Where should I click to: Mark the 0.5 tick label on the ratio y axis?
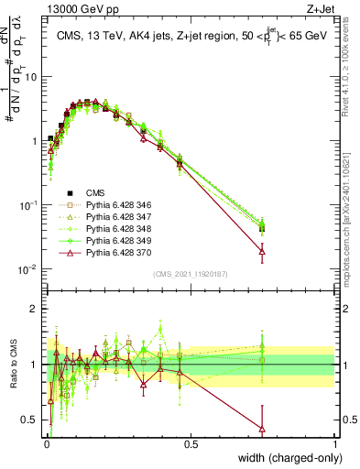coord(31,420)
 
